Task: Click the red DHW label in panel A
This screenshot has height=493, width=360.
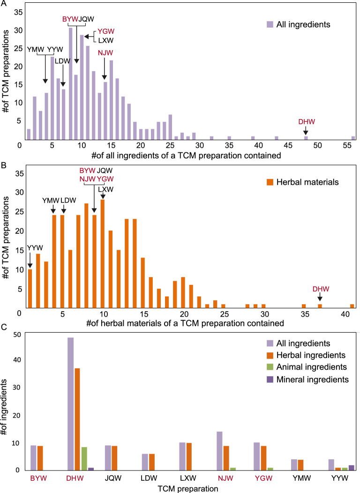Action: [x=306, y=122]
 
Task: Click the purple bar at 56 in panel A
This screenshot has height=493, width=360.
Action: [x=353, y=138]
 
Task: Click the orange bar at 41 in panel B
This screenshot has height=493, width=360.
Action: [x=351, y=306]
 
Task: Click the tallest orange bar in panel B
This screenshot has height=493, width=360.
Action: [x=102, y=254]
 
